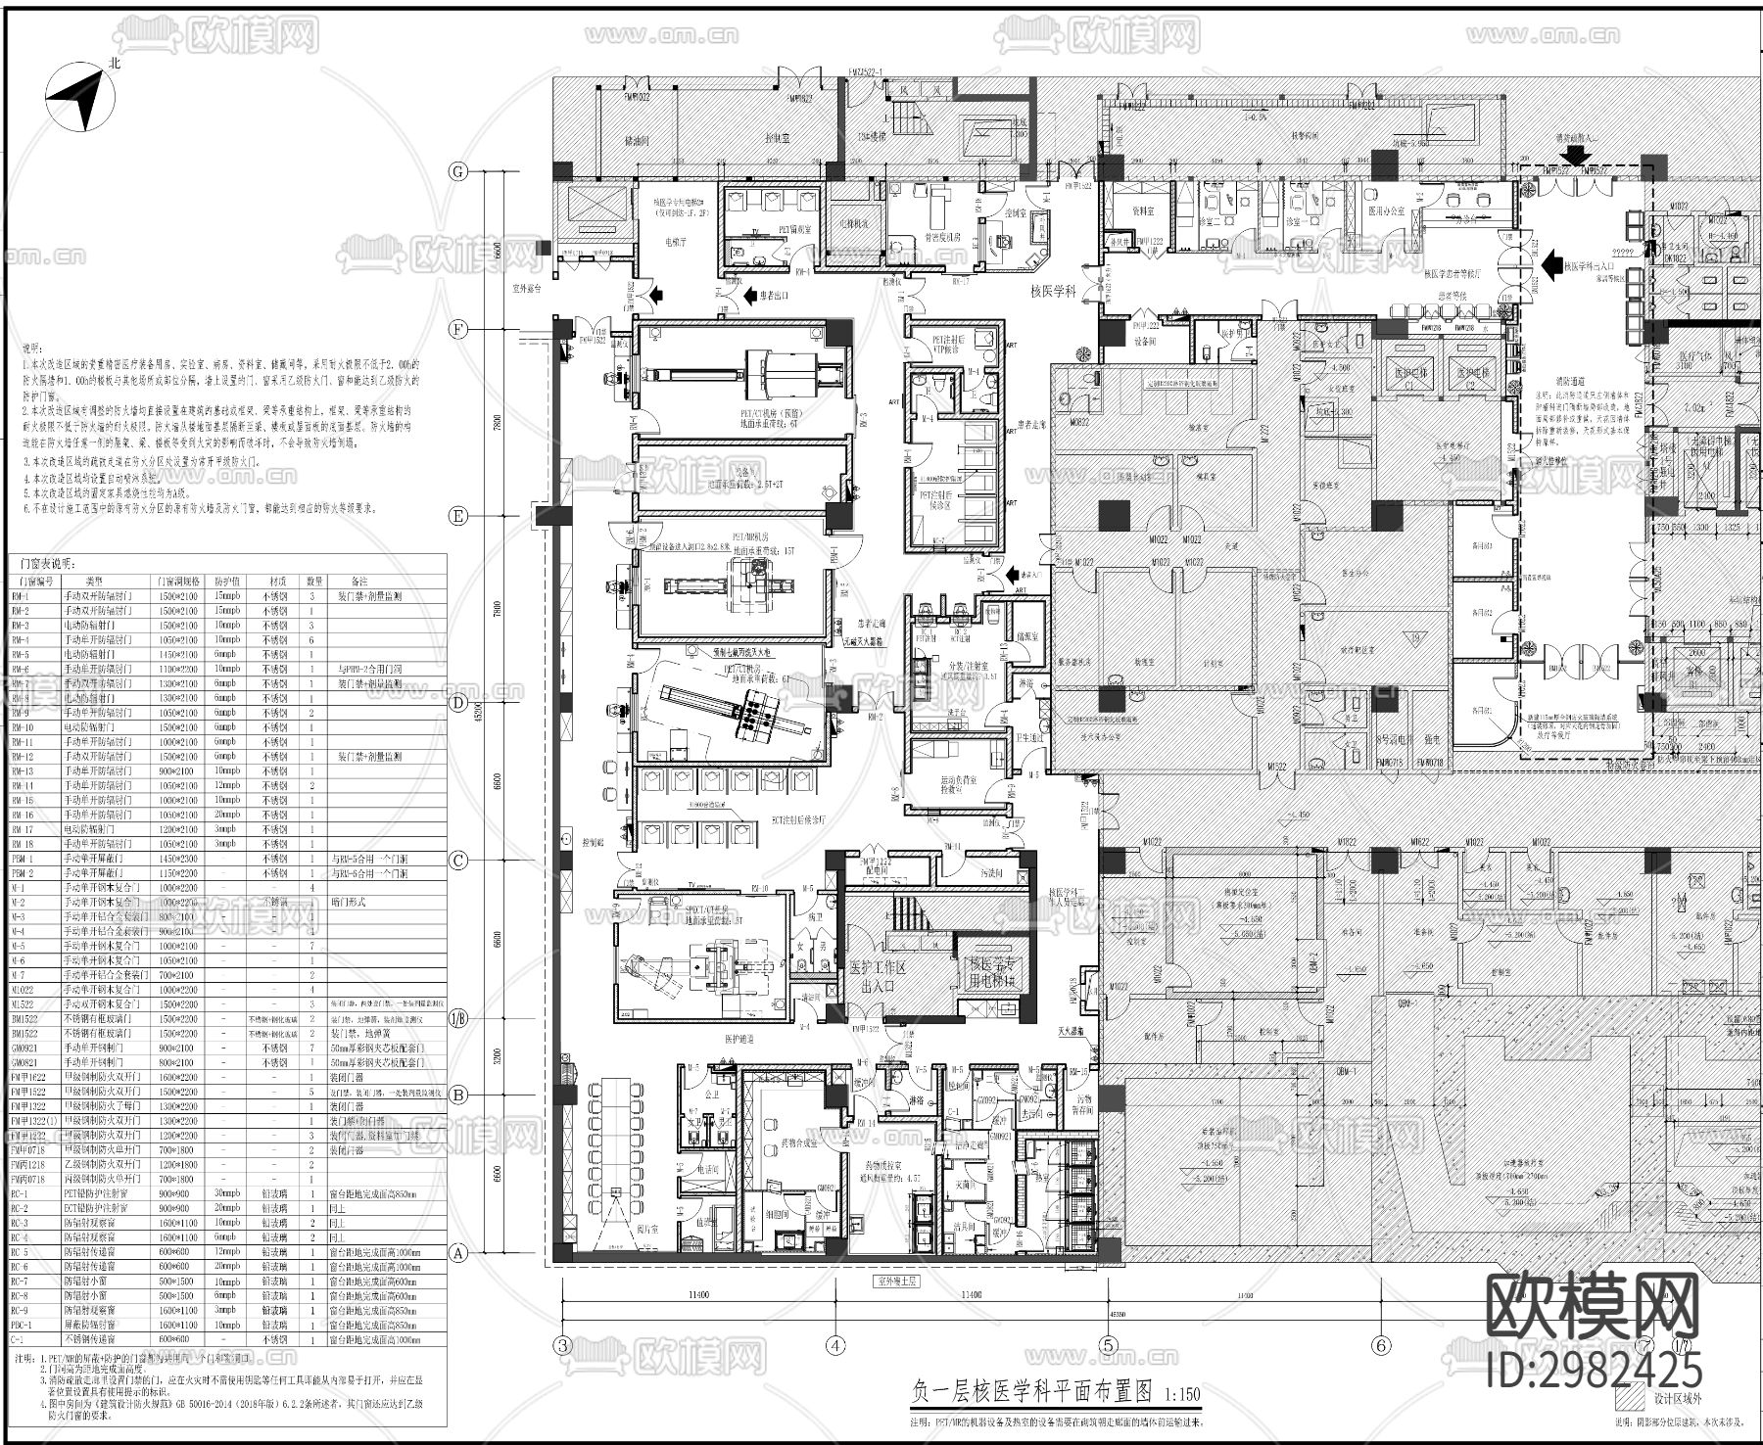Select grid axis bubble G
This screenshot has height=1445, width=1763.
(457, 172)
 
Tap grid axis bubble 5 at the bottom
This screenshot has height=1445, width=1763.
(1108, 1345)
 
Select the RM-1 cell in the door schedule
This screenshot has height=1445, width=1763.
(22, 595)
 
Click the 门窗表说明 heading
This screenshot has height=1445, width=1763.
(47, 564)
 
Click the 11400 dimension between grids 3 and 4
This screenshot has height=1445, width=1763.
(697, 1294)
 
